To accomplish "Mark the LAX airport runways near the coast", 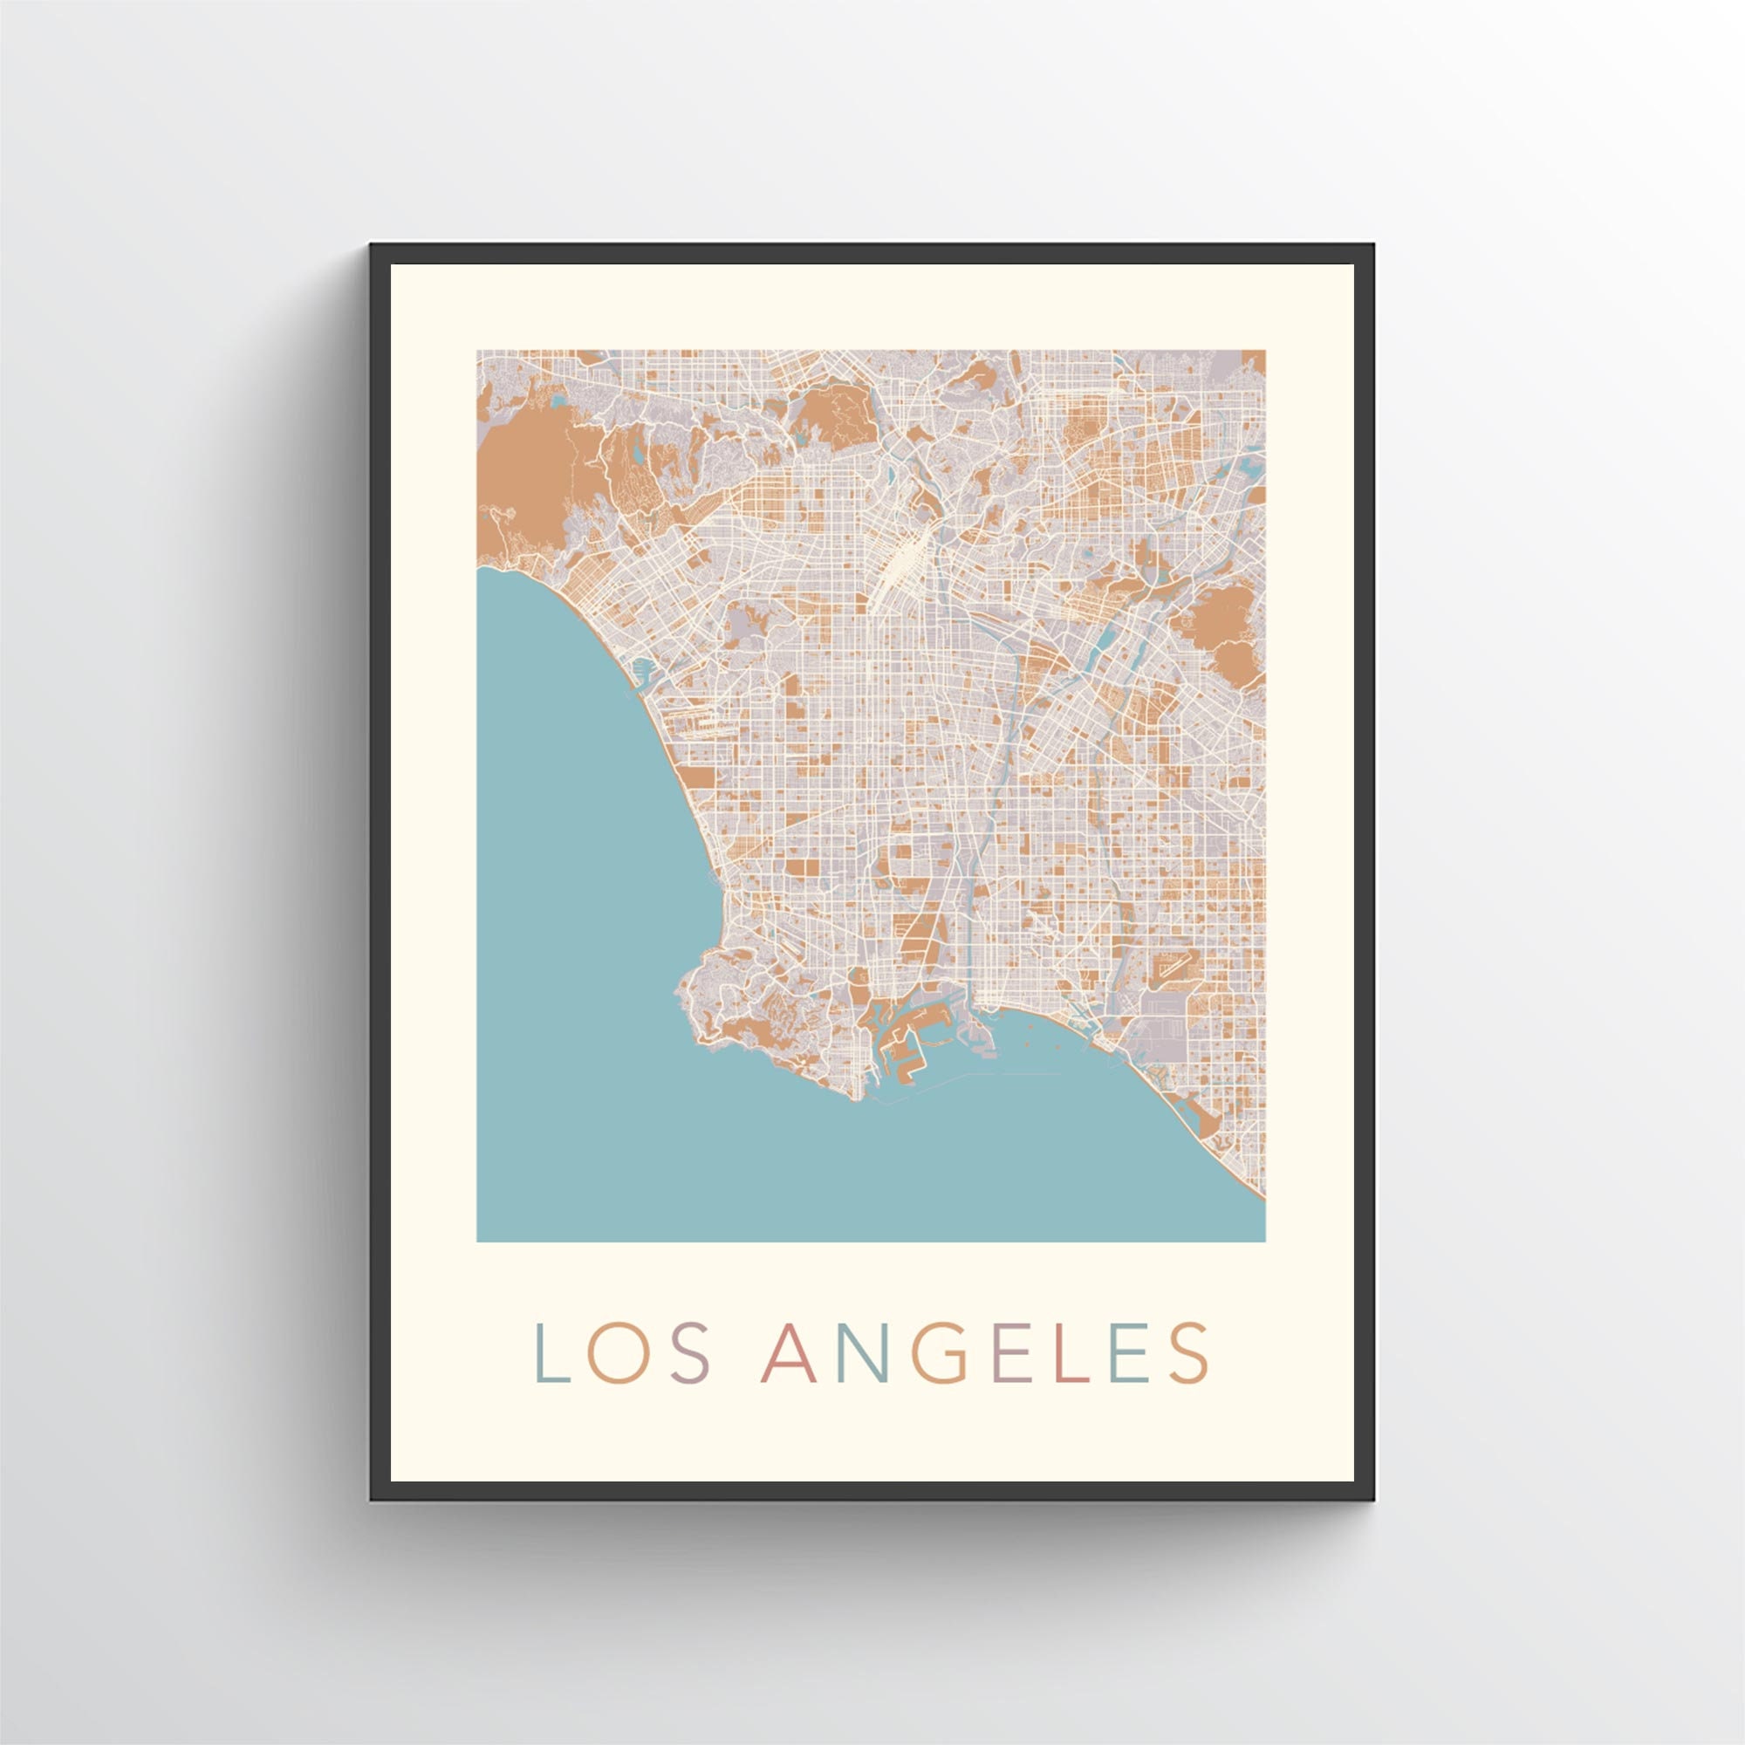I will [695, 723].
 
